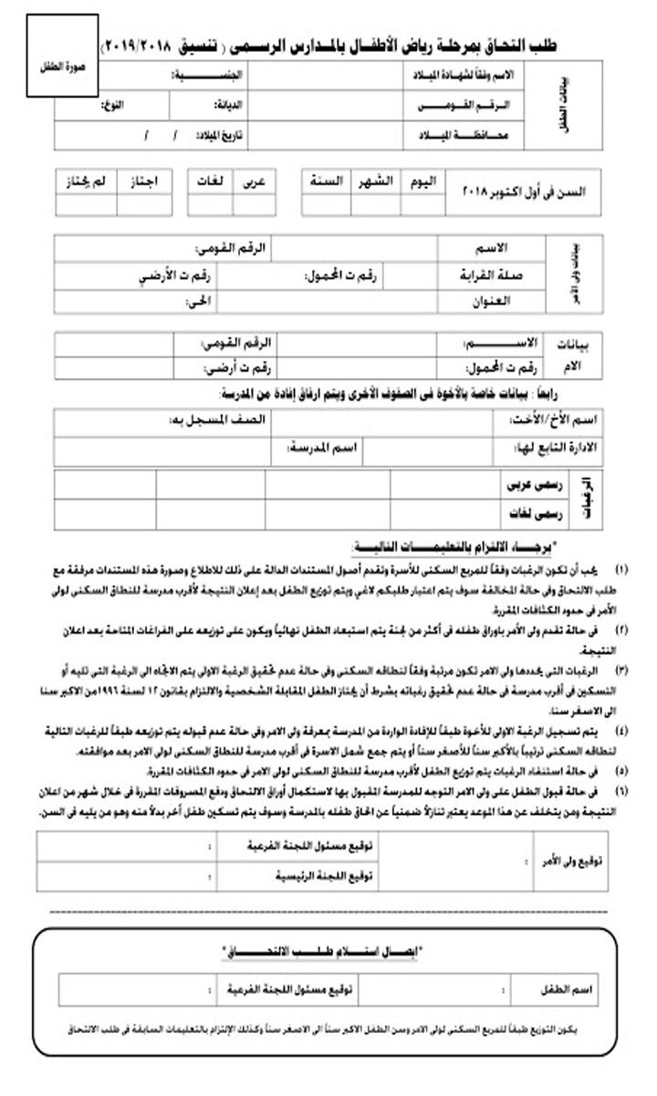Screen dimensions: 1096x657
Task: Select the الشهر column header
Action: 373,181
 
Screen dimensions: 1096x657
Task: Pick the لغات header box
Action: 211,181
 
